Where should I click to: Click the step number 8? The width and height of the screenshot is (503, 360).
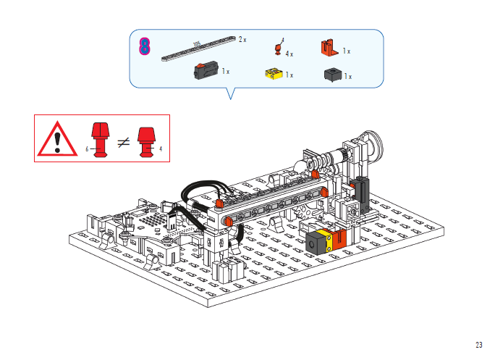144,46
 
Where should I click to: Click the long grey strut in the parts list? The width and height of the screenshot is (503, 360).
198,49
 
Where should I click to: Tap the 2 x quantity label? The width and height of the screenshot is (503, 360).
242,40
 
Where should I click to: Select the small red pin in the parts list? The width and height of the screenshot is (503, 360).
278,49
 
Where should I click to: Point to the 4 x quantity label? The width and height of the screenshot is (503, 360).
289,54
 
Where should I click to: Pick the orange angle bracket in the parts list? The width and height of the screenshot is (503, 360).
329,47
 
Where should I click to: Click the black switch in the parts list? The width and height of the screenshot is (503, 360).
206,70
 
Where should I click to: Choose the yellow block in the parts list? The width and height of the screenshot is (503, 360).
274,73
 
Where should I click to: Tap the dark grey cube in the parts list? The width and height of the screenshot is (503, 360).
333,75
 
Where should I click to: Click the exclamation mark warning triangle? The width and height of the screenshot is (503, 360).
57,140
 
